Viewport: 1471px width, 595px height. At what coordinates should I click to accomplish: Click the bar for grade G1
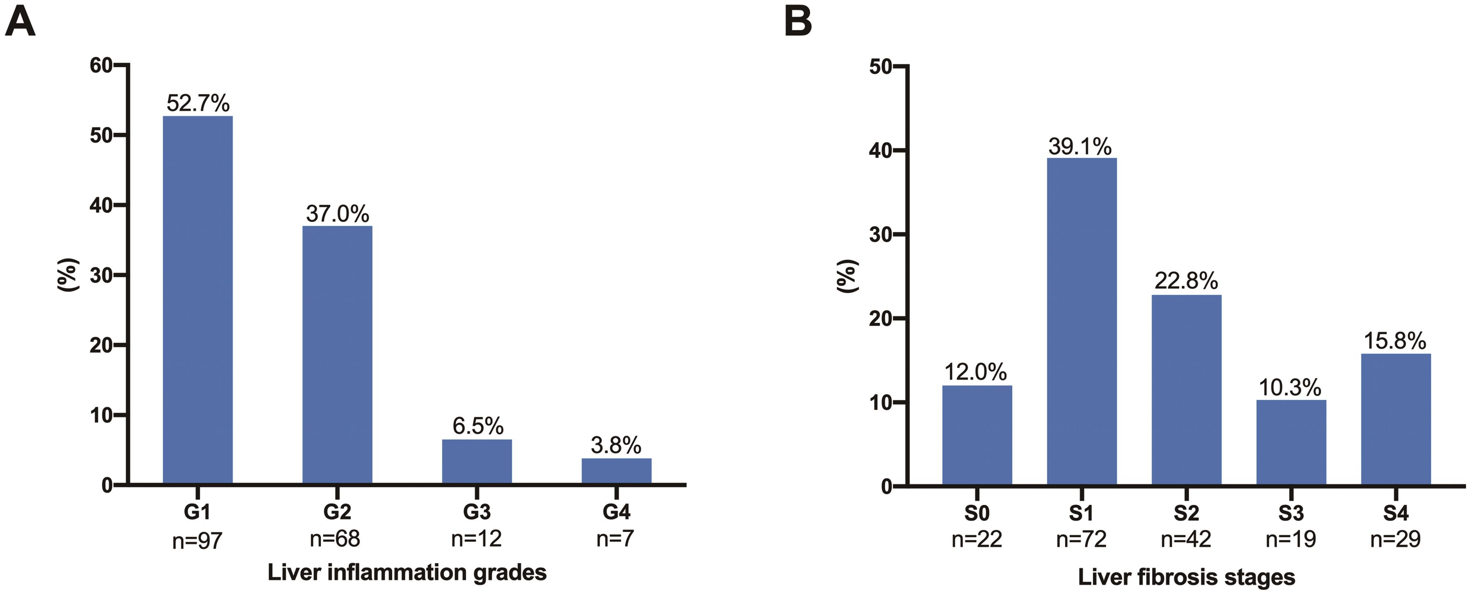(x=198, y=300)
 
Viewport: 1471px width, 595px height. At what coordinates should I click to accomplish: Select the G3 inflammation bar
(x=477, y=461)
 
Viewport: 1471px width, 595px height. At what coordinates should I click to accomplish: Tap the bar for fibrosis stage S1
(x=1082, y=321)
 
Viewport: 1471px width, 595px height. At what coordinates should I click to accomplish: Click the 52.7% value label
(x=198, y=103)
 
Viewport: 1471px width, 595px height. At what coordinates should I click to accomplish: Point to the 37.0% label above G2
(x=337, y=214)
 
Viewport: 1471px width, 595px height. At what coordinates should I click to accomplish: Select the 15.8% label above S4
(x=1395, y=341)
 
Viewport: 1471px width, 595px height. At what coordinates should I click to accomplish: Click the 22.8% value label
(x=1186, y=281)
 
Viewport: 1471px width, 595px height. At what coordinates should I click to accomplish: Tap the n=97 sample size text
(x=197, y=540)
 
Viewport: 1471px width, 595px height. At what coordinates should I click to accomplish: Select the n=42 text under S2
(x=1186, y=539)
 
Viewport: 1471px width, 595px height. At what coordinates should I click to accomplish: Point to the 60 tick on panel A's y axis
(x=101, y=66)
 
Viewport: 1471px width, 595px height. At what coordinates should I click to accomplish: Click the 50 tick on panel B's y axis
(x=880, y=67)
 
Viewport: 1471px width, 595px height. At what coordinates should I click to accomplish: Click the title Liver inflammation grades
(x=407, y=572)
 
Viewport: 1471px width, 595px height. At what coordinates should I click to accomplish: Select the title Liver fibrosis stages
(x=1186, y=577)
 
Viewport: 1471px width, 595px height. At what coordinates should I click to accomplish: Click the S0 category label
(x=977, y=513)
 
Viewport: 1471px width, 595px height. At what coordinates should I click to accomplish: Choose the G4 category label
(x=616, y=512)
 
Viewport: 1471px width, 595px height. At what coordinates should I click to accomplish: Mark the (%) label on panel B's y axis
(x=848, y=276)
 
